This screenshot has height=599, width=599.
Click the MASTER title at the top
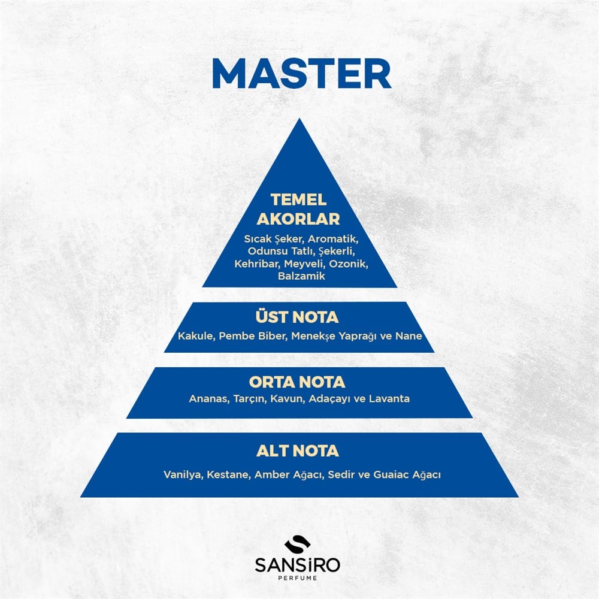coord(301,74)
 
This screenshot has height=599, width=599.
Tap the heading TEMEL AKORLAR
coord(298,209)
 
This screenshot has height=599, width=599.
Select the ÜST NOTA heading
coord(297,317)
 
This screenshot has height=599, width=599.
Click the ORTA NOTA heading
coord(297,382)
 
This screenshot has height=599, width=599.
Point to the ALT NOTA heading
coord(298,451)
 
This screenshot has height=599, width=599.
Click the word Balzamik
coord(301,276)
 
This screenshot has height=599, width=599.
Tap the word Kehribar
coord(257,264)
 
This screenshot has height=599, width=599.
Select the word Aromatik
coord(333,239)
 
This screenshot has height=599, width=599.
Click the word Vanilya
coord(183,475)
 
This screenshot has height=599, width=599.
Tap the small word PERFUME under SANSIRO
coord(298,578)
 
